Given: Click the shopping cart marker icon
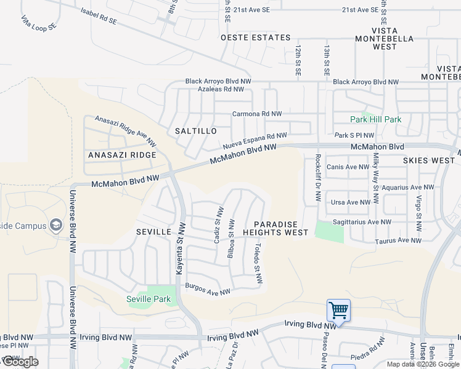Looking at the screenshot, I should pyautogui.click(x=338, y=310).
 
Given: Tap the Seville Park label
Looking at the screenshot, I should pyautogui.click(x=148, y=299).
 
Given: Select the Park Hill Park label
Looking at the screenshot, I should pyautogui.click(x=375, y=119).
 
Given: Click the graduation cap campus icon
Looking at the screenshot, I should pyautogui.click(x=57, y=226).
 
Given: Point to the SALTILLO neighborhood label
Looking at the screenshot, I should pyautogui.click(x=196, y=131).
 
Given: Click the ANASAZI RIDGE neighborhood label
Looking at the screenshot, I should pyautogui.click(x=122, y=155).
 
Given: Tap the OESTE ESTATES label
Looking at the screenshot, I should pyautogui.click(x=256, y=38).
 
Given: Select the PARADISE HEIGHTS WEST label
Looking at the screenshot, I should pyautogui.click(x=275, y=229).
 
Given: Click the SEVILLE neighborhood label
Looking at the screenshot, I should pyautogui.click(x=153, y=231).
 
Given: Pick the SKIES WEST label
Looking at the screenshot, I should pyautogui.click(x=429, y=160).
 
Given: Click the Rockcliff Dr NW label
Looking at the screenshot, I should pyautogui.click(x=318, y=177).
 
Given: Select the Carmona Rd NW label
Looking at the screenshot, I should pyautogui.click(x=256, y=114).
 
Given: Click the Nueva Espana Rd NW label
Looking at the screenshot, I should pyautogui.click(x=255, y=141).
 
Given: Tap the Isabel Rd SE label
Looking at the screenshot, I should pyautogui.click(x=99, y=15).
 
